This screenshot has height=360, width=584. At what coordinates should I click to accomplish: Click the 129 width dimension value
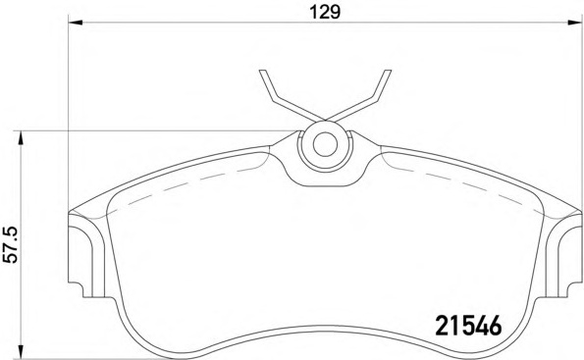point(326,13)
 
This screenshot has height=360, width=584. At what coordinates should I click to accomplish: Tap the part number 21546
point(468,326)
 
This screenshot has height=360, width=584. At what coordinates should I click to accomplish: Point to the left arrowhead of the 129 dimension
point(76,24)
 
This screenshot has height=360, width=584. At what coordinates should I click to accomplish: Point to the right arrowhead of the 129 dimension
point(575,24)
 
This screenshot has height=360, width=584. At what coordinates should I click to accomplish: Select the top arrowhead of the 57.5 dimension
point(21,138)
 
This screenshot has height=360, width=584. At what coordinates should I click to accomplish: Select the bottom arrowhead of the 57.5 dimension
point(21,352)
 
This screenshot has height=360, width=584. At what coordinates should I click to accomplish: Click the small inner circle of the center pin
point(325,144)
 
